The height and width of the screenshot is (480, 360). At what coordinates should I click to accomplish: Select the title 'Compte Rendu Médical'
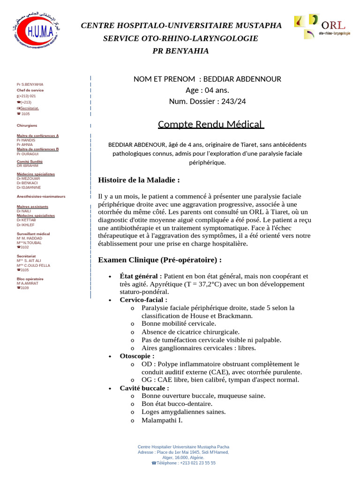point(211,124)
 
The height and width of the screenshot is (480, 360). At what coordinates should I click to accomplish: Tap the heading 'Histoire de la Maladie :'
point(139,180)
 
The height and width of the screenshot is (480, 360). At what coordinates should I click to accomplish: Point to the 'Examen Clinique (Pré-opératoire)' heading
point(160,260)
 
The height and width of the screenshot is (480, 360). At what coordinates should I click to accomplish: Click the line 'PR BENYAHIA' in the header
point(181,51)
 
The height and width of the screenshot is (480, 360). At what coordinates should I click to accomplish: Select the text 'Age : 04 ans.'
point(207,90)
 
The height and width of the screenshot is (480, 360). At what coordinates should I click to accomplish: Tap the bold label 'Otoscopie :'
point(137,356)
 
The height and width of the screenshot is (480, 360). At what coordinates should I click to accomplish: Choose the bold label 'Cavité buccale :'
point(144,388)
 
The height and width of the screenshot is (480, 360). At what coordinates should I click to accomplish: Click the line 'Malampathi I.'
point(162,420)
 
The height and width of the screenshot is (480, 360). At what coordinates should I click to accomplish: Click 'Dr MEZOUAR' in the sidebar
point(29,179)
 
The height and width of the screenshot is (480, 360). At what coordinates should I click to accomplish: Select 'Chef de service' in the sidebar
point(30,90)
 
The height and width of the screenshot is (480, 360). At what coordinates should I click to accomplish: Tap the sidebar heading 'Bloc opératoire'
point(30,279)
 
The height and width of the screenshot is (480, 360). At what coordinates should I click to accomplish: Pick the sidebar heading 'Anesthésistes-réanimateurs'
point(41,196)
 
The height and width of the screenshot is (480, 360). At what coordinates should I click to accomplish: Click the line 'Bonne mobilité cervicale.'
point(179,323)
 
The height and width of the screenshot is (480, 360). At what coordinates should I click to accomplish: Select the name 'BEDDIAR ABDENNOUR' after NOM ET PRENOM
point(242,79)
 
